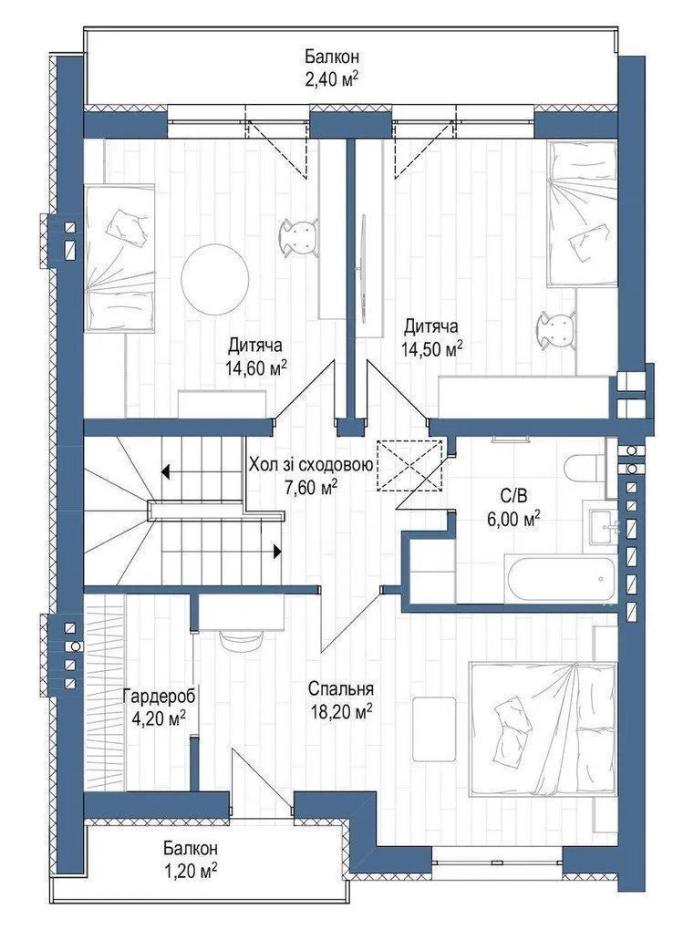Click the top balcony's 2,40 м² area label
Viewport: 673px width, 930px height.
coord(332,79)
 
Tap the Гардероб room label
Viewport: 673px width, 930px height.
coord(159,696)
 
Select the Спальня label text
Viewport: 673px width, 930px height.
coord(341,688)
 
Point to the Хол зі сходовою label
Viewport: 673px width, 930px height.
coord(311,465)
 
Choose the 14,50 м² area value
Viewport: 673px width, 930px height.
coord(431,349)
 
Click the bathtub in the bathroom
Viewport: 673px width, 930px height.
coord(561,578)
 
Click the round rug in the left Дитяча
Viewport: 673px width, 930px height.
coord(214,275)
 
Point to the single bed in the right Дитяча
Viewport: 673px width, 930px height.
coord(582,213)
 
